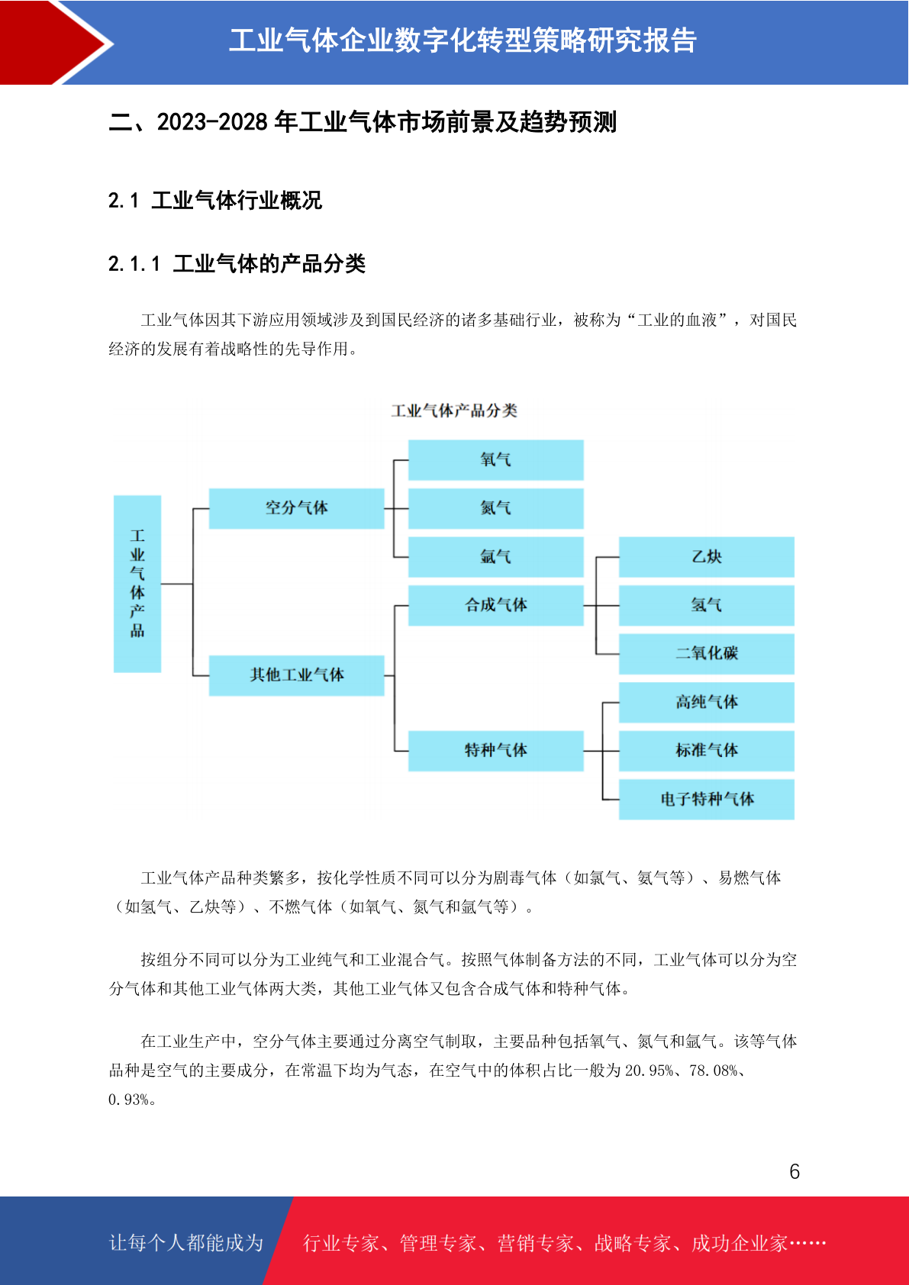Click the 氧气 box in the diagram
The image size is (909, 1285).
coord(496,459)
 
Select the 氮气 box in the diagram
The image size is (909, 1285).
coord(496,508)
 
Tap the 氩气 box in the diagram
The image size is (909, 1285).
coord(496,556)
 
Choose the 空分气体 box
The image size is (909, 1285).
coord(296,508)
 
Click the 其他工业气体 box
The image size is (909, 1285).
coord(296,675)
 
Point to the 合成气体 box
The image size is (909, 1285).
coord(496,605)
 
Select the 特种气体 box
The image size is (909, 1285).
coord(496,750)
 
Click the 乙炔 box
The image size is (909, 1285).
coord(707,556)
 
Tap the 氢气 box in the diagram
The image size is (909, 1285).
coord(707,605)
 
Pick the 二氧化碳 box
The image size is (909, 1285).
coord(707,653)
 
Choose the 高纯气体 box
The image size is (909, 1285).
coord(707,702)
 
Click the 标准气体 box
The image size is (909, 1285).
coord(707,750)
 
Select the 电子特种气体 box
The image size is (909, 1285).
coord(707,799)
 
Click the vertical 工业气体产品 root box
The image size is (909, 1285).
coord(137,584)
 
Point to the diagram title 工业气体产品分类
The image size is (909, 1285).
coord(454,411)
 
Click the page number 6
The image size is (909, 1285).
coord(795,1171)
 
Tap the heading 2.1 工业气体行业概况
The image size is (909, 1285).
coord(214,201)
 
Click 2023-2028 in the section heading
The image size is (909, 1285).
coord(212,122)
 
